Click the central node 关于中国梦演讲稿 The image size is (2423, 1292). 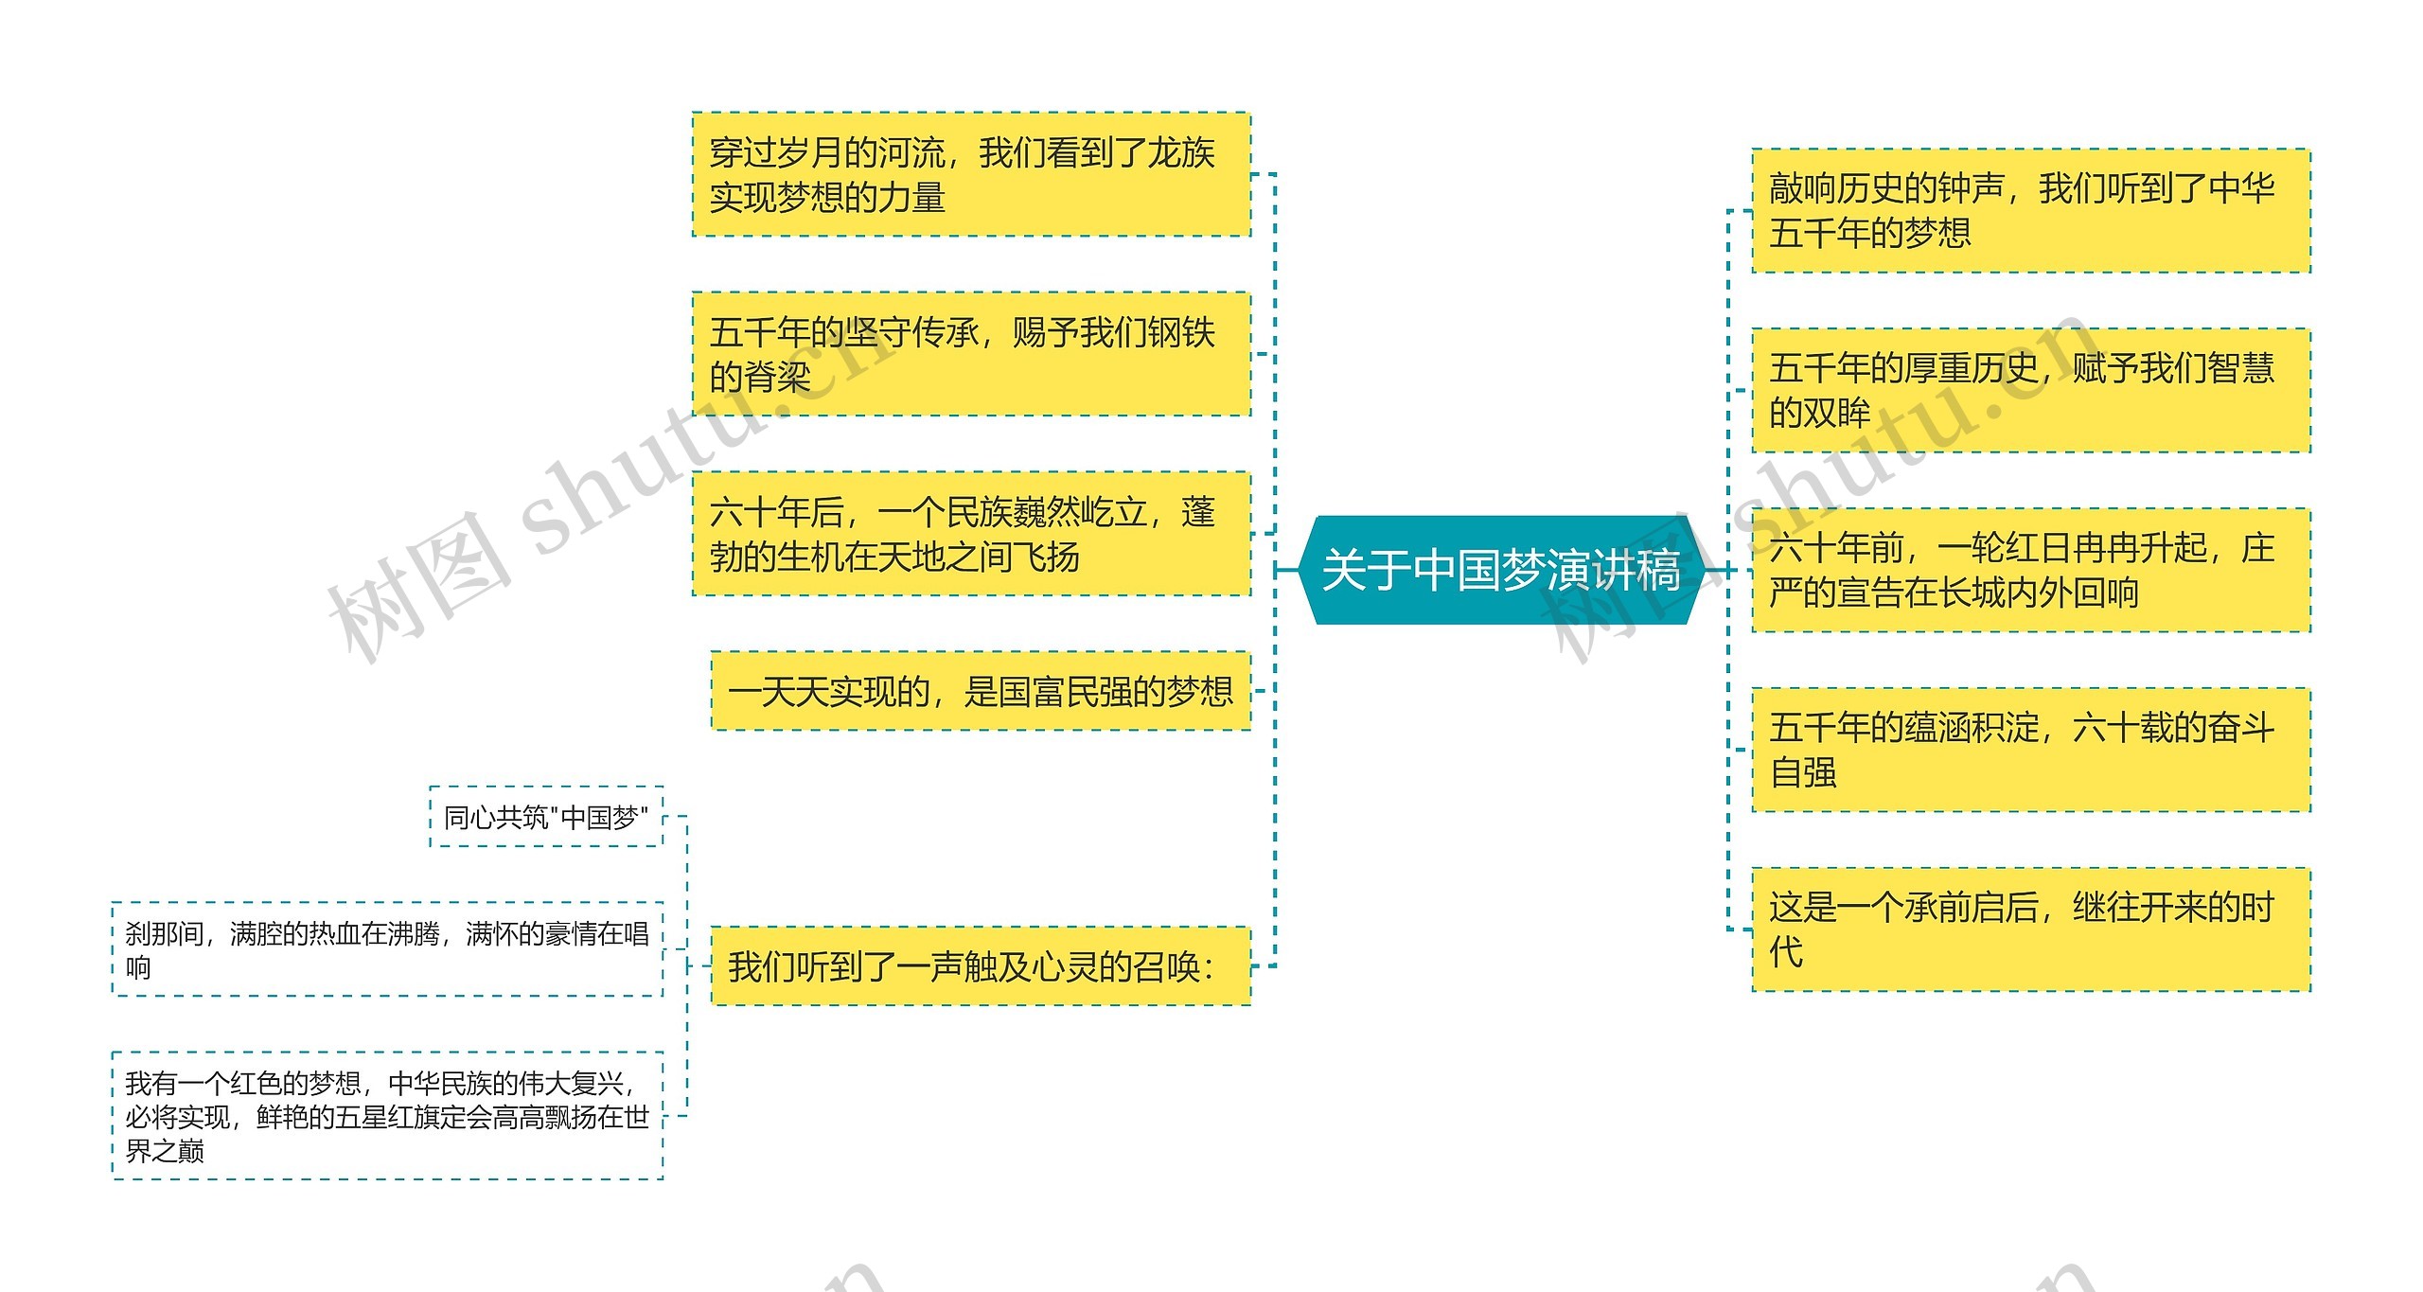pyautogui.click(x=1501, y=570)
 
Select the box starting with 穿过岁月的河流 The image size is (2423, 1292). pyautogui.click(x=971, y=174)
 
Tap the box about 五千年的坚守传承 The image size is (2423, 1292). pyautogui.click(x=971, y=354)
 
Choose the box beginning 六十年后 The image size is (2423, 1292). pyautogui.click(x=971, y=534)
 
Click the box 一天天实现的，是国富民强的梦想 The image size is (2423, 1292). pyautogui.click(x=981, y=691)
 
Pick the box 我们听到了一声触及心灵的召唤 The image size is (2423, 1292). pyautogui.click(x=981, y=966)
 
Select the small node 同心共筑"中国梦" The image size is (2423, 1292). pyautogui.click(x=546, y=817)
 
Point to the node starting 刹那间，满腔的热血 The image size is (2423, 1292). pyautogui.click(x=387, y=949)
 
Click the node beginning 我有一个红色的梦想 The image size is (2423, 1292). pyautogui.click(x=387, y=1116)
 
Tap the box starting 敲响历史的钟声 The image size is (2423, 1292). pyautogui.click(x=2031, y=210)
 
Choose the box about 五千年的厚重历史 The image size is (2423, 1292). pyautogui.click(x=2031, y=390)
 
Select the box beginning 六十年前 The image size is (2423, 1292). pyautogui.click(x=2031, y=570)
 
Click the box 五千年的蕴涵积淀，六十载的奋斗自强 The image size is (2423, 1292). pyautogui.click(x=2031, y=750)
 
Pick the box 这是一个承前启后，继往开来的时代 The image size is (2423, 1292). pyautogui.click(x=2031, y=929)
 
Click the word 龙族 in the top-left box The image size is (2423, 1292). pyautogui.click(x=1181, y=152)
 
